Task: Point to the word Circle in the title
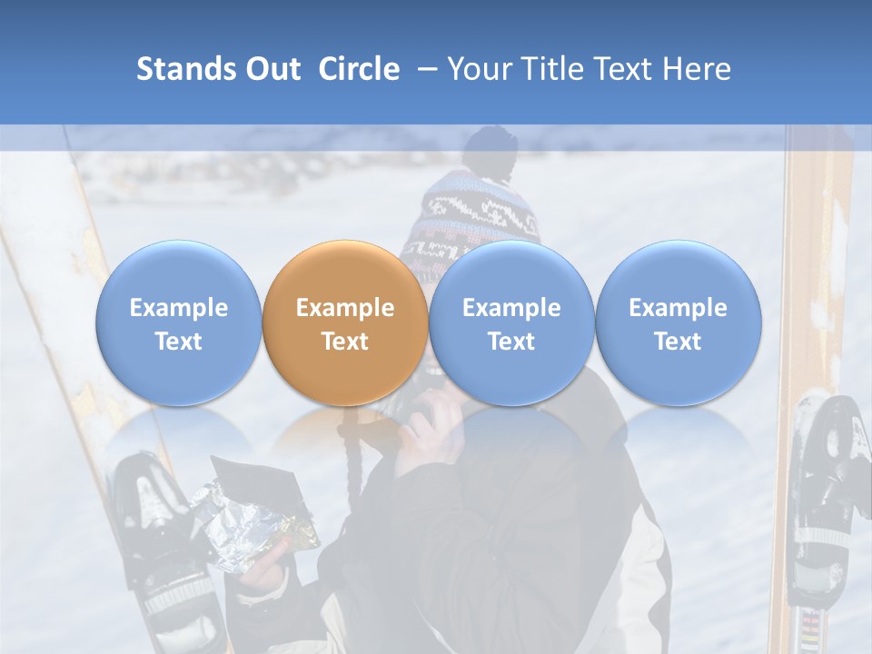pos(359,69)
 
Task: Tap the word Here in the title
pos(698,69)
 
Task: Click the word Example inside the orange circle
pos(345,308)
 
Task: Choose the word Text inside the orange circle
pos(345,342)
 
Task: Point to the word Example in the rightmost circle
pos(678,308)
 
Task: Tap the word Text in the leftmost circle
pos(178,342)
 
